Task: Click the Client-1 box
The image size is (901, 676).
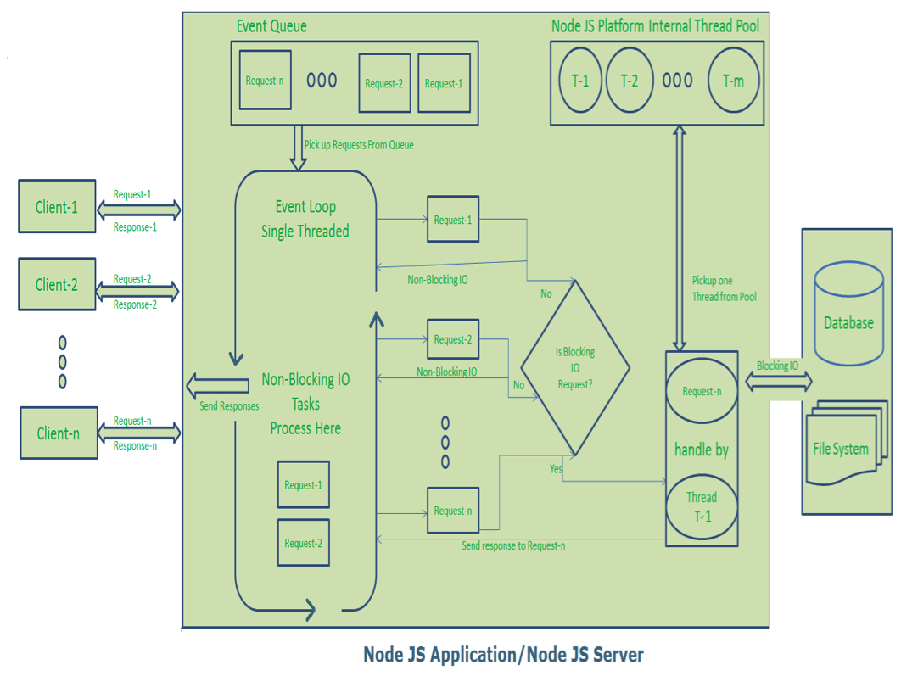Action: click(57, 206)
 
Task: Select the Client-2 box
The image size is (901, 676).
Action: click(57, 284)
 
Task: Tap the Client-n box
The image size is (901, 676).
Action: click(58, 433)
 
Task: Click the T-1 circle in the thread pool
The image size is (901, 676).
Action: click(580, 81)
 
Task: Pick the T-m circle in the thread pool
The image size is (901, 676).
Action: click(733, 81)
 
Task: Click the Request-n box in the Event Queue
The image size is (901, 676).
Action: click(265, 81)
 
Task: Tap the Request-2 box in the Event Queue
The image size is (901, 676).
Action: click(384, 83)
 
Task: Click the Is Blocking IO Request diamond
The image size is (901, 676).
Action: click(575, 367)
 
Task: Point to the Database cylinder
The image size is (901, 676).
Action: click(848, 314)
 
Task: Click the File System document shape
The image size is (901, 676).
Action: click(841, 444)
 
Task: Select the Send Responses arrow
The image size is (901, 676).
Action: click(217, 386)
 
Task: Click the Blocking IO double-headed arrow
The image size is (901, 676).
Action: click(777, 382)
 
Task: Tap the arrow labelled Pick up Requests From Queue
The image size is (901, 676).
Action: click(298, 148)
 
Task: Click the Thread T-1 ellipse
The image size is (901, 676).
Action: click(702, 506)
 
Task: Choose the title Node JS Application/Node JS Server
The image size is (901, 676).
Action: click(503, 655)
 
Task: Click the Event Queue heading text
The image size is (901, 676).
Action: click(271, 26)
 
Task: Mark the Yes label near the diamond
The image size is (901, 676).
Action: click(556, 468)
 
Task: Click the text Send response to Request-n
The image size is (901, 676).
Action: click(513, 545)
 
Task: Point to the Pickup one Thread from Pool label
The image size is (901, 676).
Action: click(724, 288)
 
